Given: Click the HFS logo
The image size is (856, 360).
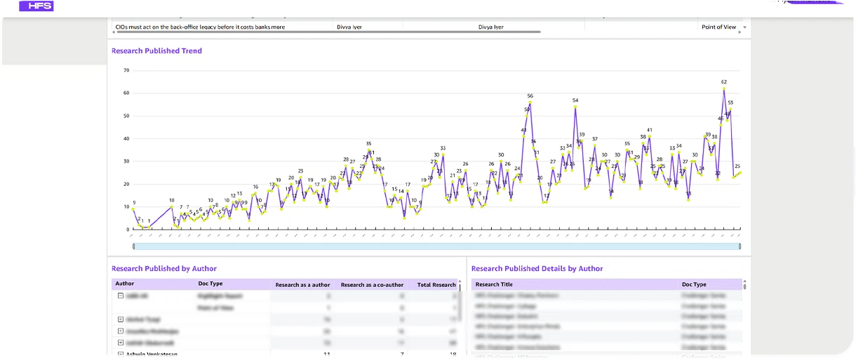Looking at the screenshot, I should pyautogui.click(x=36, y=5).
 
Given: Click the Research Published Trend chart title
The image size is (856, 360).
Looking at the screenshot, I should pyautogui.click(x=156, y=51).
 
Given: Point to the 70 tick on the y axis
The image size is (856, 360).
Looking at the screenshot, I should pyautogui.click(x=126, y=70).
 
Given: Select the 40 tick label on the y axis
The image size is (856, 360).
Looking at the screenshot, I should pyautogui.click(x=126, y=138).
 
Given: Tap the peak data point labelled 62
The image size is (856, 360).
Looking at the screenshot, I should pyautogui.click(x=723, y=88).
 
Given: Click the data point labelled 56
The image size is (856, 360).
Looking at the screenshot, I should pyautogui.click(x=530, y=102).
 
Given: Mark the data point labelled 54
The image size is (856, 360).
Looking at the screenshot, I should pyautogui.click(x=575, y=107).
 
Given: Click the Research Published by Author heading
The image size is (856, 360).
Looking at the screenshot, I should pyautogui.click(x=164, y=269).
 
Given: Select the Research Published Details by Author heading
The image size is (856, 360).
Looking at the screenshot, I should pyautogui.click(x=537, y=269).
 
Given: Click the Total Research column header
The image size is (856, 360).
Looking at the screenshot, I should pyautogui.click(x=436, y=285).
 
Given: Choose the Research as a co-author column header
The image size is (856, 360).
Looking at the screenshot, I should pyautogui.click(x=372, y=285).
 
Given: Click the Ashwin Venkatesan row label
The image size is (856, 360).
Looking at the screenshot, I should pyautogui.click(x=152, y=355).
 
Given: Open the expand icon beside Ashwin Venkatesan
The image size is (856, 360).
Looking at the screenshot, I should pyautogui.click(x=120, y=355).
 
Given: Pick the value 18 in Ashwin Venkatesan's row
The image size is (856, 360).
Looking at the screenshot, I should pyautogui.click(x=453, y=355).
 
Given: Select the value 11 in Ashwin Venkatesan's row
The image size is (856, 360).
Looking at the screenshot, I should pyautogui.click(x=327, y=355).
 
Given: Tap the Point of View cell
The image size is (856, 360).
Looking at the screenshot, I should pyautogui.click(x=718, y=27).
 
